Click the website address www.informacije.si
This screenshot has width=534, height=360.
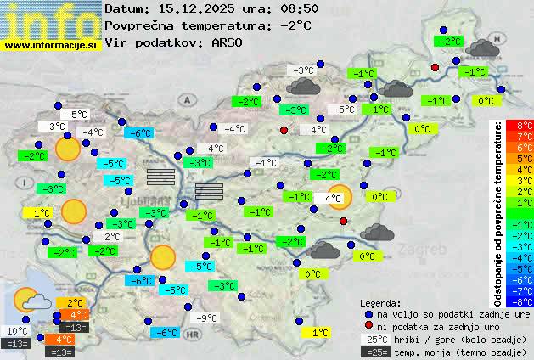point(50,45)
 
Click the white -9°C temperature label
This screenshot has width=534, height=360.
point(207,318)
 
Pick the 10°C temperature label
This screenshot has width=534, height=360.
point(18,331)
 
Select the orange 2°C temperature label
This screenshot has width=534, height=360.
point(75,303)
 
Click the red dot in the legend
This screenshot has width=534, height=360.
point(368,326)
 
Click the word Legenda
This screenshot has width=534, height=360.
point(380,302)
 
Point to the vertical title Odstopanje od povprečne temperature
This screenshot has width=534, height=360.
point(499,212)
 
